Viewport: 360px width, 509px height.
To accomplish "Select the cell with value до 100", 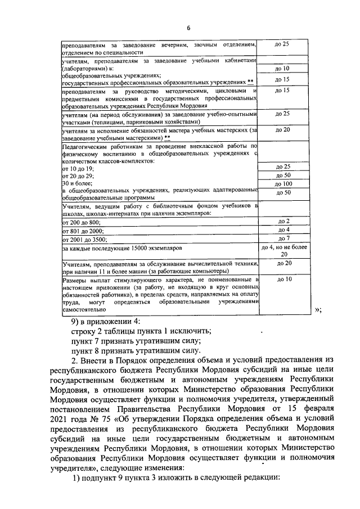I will pyautogui.click(x=283, y=184).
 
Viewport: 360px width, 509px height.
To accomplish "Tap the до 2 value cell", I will pyautogui.click(x=283, y=222).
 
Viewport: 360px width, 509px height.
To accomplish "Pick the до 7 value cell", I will pyautogui.click(x=283, y=238).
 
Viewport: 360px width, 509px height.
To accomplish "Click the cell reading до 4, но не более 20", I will pyautogui.click(x=283, y=250).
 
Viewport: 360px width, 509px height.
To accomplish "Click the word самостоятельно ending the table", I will pyautogui.click(x=83, y=309).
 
